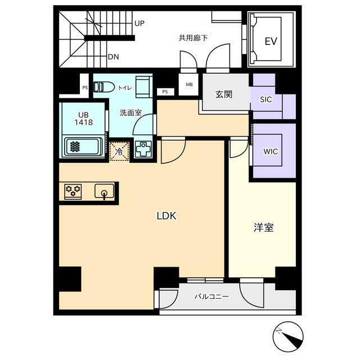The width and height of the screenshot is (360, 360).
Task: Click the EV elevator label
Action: [x=271, y=42]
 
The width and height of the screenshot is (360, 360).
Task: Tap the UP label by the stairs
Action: [x=139, y=23]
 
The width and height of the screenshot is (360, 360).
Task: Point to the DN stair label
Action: [x=114, y=57]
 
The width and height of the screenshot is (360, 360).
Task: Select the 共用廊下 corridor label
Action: [x=193, y=38]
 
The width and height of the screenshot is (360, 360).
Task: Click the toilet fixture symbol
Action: [x=104, y=87]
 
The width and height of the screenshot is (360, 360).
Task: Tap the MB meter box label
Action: [x=189, y=84]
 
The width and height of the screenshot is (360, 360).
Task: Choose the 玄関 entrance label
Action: [x=224, y=94]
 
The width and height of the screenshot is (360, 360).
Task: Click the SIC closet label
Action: [x=266, y=100]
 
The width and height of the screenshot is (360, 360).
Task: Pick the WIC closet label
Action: [x=271, y=151]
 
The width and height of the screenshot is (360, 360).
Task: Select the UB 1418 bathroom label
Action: [x=84, y=119]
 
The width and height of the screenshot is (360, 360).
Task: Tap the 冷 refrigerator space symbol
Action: [x=119, y=151]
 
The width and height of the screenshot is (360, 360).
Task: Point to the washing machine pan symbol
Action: [x=143, y=148]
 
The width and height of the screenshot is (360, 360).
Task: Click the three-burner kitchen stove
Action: [x=73, y=192]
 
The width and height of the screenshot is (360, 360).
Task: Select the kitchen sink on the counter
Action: [x=105, y=191]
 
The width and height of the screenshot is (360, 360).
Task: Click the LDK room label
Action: [x=166, y=216]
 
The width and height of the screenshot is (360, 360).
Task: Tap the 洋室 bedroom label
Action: [x=264, y=227]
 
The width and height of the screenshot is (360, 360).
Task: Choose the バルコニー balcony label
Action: [x=211, y=296]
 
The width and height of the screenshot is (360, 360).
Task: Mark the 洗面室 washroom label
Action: [x=131, y=112]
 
